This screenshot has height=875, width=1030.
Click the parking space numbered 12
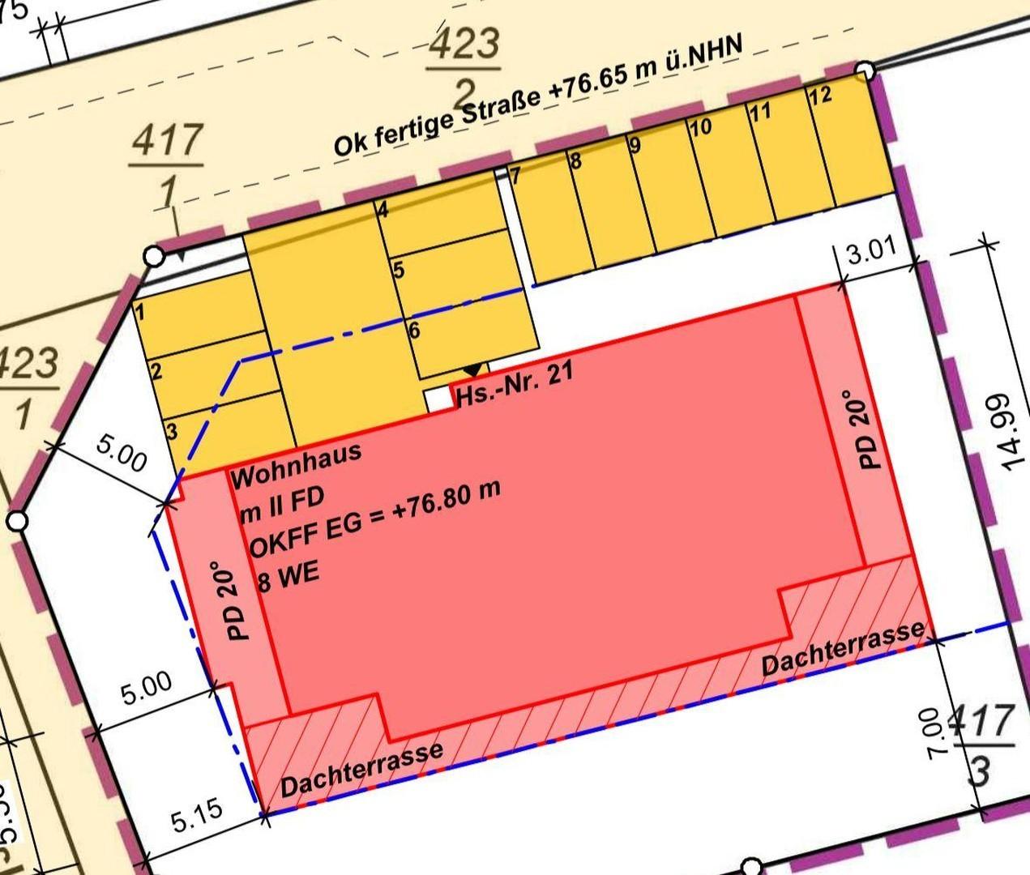843,142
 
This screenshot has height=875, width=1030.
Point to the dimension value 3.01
871,254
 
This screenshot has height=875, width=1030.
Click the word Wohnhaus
296,465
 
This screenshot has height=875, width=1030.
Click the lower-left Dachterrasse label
361,770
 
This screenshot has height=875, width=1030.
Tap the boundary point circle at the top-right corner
865,70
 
